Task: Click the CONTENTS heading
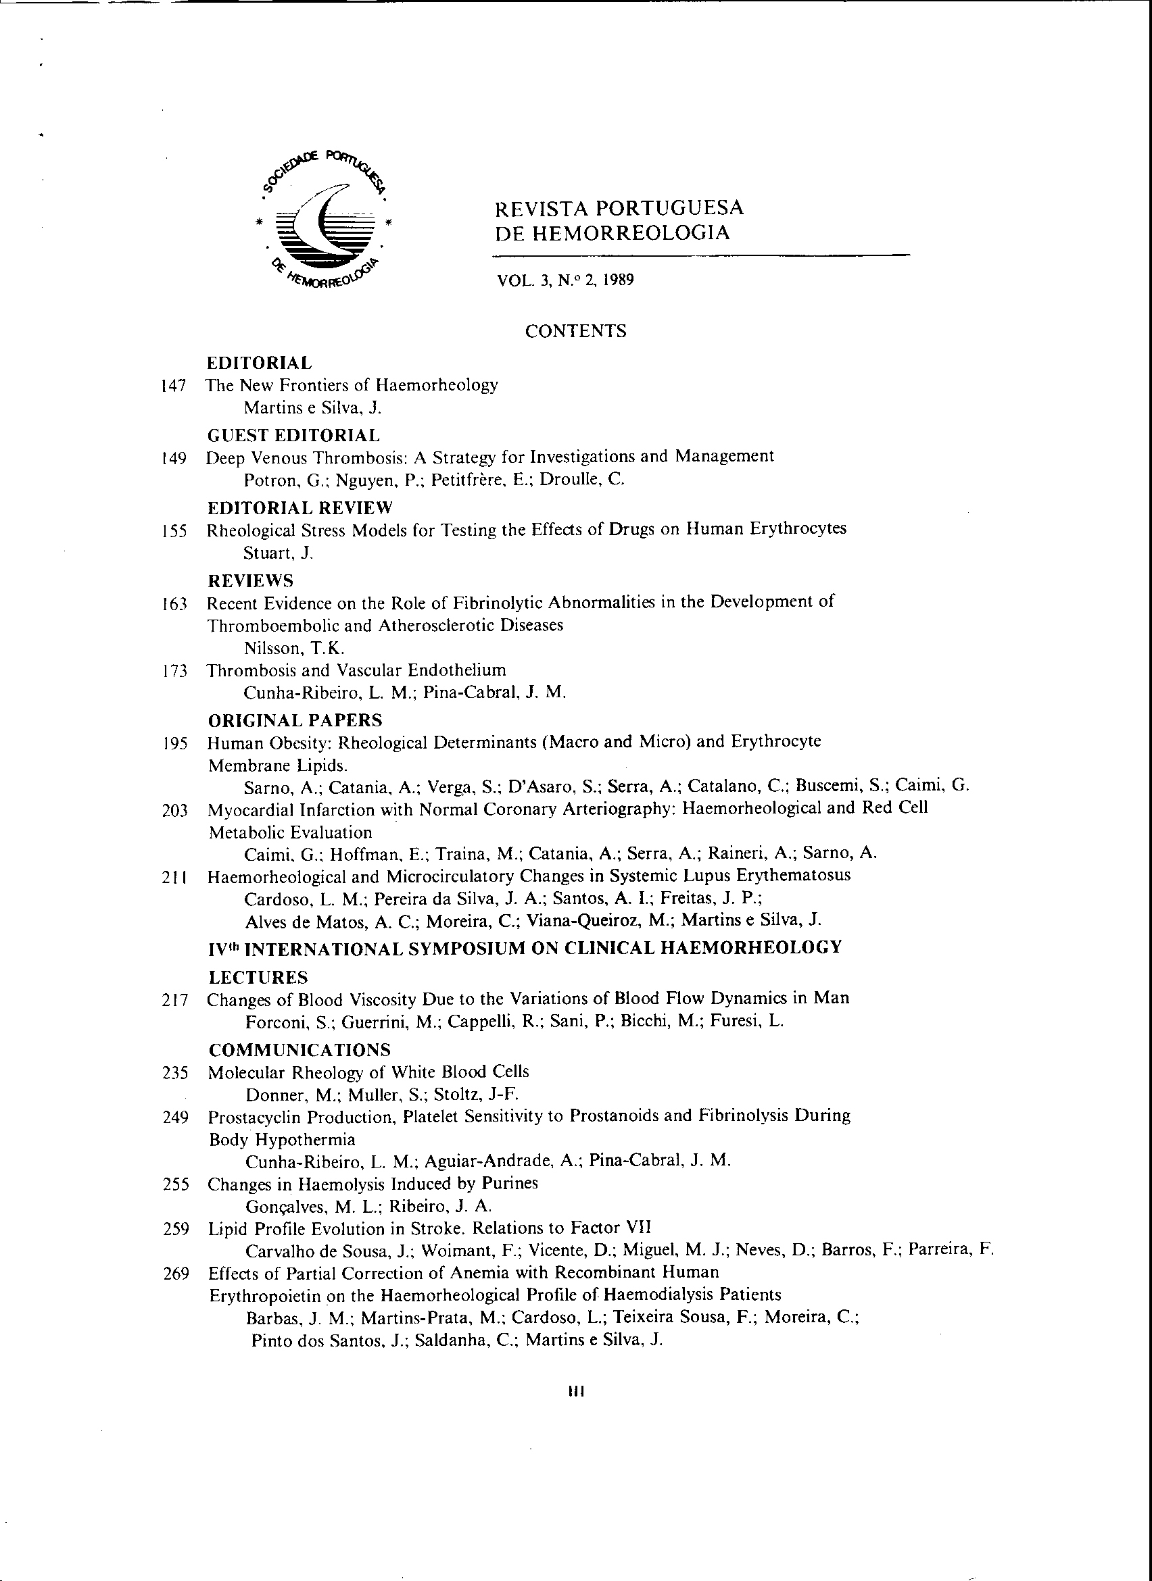[575, 331]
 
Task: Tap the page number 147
[173, 386]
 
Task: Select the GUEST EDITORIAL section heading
[293, 436]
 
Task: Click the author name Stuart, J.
[279, 553]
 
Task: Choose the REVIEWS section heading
[250, 580]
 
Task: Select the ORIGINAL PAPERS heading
[295, 720]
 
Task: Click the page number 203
[175, 811]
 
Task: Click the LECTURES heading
[258, 978]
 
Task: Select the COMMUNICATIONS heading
[300, 1050]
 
